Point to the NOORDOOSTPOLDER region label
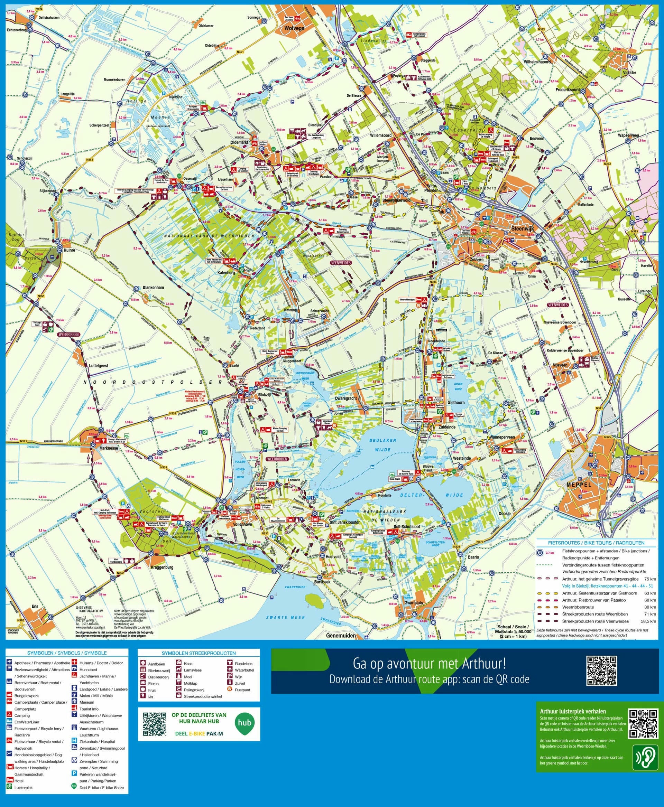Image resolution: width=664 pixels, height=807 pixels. pos(153,382)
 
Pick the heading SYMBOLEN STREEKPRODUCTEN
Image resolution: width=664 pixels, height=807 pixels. pos(199,653)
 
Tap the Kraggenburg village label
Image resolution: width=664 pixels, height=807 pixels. pos(162,567)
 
